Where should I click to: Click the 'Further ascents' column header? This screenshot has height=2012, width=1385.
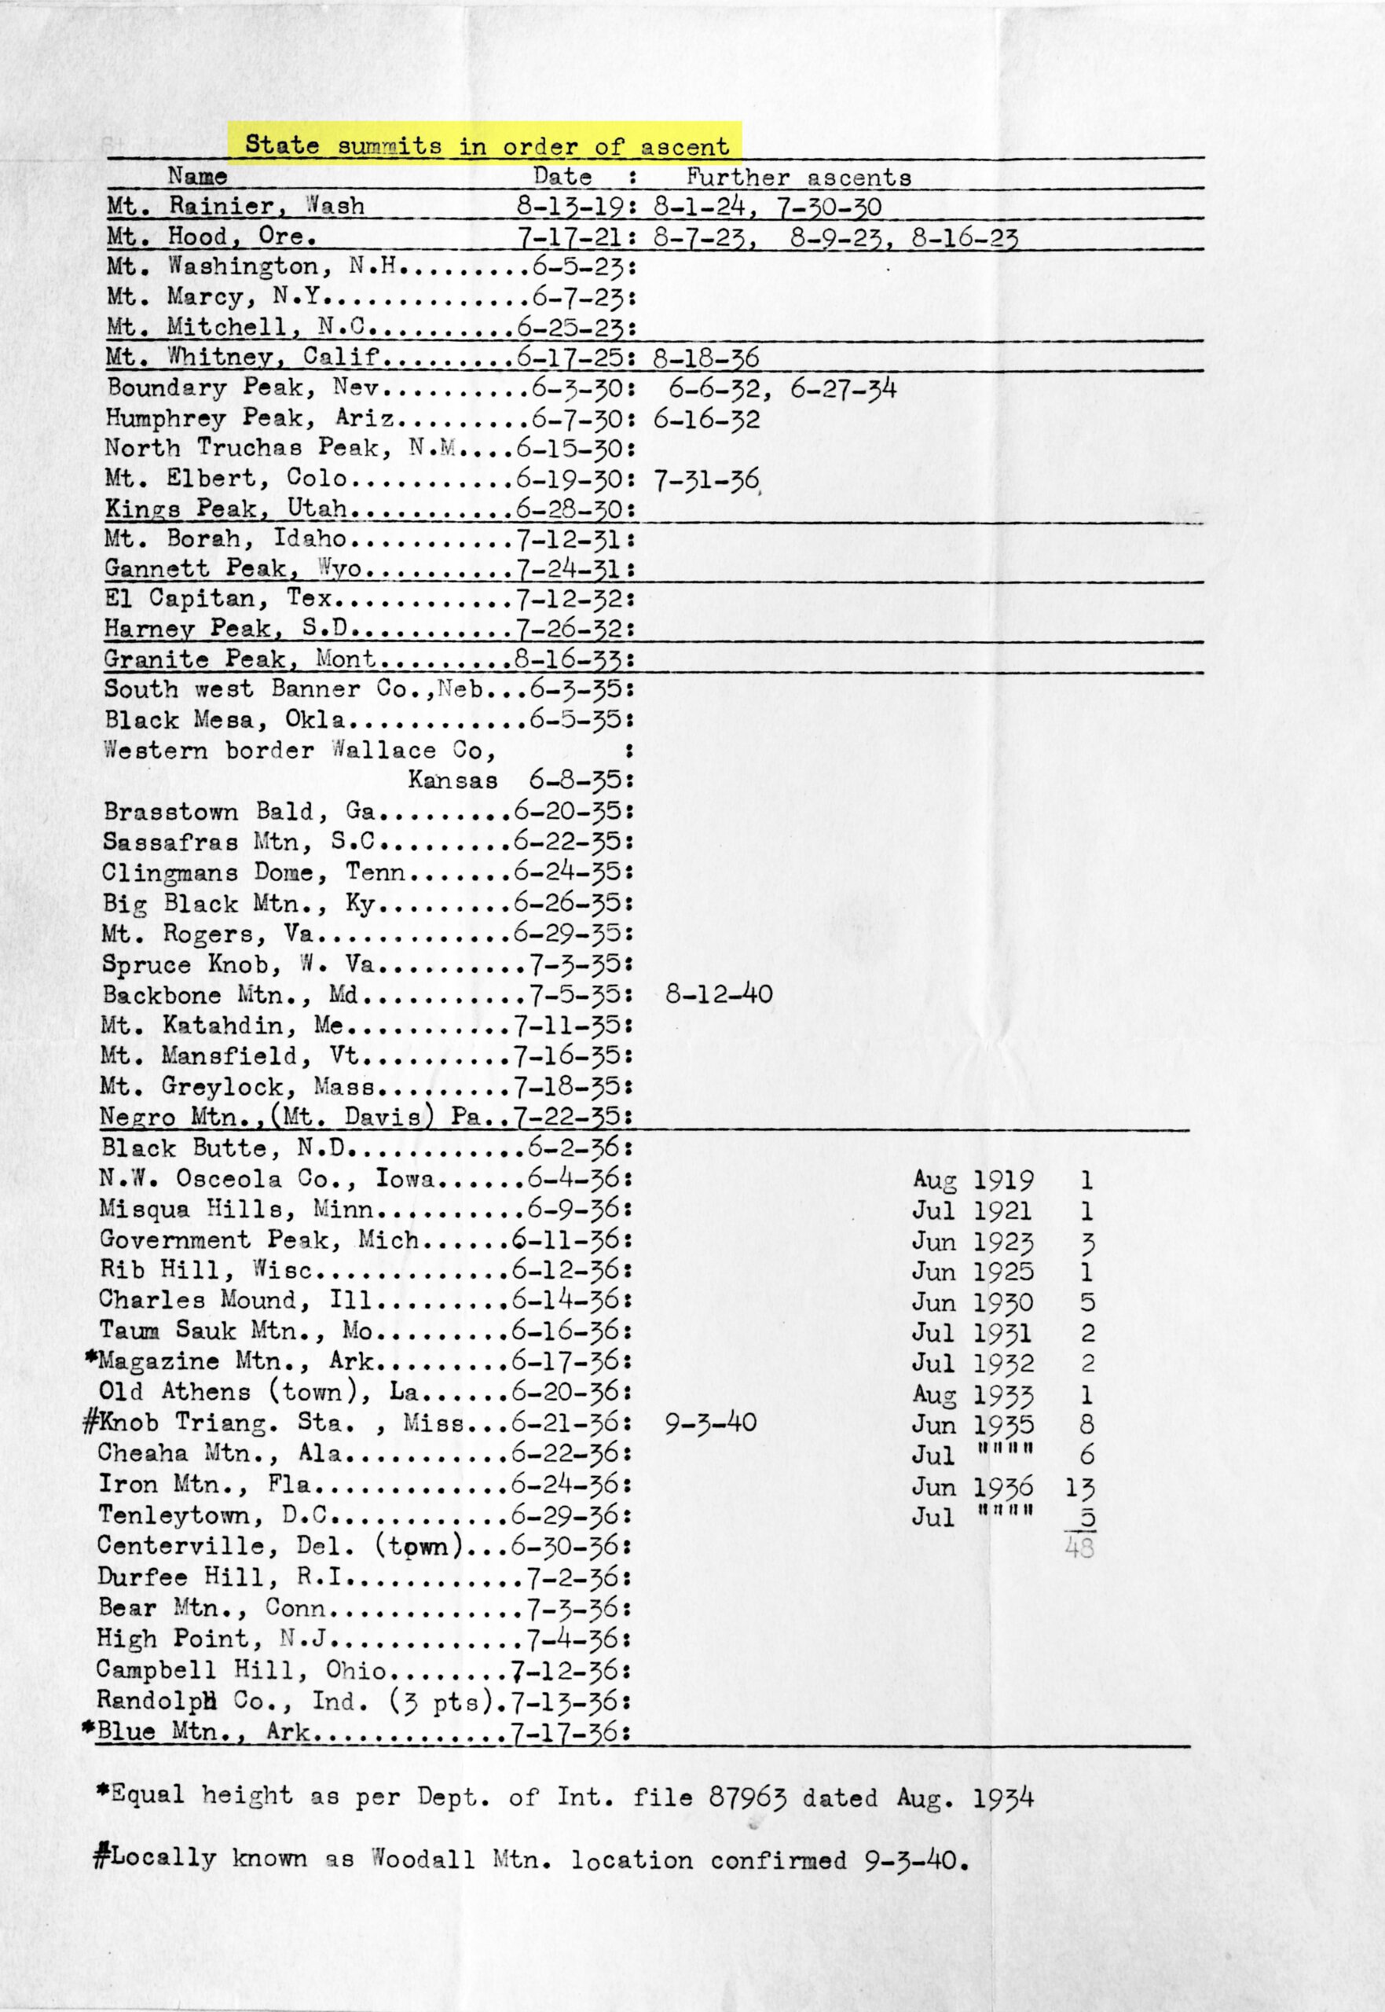pyautogui.click(x=798, y=177)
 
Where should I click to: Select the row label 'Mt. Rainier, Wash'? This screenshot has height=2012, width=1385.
pyautogui.click(x=235, y=207)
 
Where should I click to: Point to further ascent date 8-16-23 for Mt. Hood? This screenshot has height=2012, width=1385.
pyautogui.click(x=964, y=238)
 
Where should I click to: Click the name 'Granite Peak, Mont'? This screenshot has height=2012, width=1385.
pyautogui.click(x=240, y=659)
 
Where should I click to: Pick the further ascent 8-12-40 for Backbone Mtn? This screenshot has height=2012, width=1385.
pyautogui.click(x=719, y=994)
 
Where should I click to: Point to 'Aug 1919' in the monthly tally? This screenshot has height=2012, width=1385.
pyautogui.click(x=973, y=1180)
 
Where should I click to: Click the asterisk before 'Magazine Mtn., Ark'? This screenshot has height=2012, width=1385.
pyautogui.click(x=91, y=1359)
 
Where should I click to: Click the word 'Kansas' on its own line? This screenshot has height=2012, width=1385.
pyautogui.click(x=453, y=780)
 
